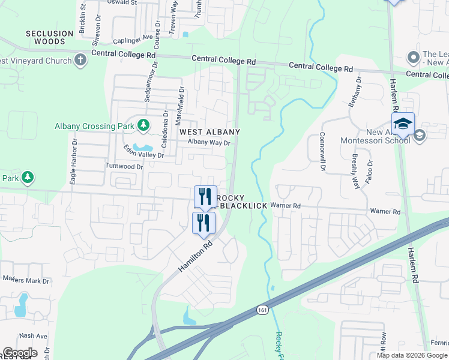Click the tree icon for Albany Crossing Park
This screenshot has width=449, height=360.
143,125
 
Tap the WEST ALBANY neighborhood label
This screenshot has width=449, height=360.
208,132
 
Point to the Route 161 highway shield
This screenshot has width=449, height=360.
262,310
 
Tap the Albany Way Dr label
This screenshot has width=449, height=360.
209,143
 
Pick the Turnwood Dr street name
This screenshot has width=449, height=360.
124,166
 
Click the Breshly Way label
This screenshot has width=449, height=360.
355,172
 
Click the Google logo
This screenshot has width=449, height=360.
20,353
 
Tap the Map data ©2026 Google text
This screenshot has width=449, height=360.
411,355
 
